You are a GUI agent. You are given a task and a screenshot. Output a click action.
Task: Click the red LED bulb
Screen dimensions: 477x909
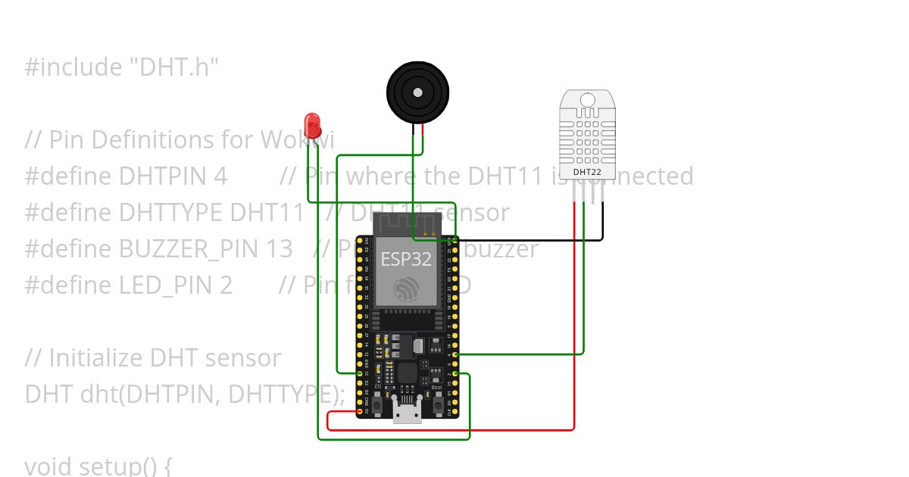tap(311, 124)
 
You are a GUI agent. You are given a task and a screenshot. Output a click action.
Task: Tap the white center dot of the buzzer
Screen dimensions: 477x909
tap(417, 92)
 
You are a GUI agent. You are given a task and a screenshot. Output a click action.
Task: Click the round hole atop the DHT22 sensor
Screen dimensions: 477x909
tap(588, 99)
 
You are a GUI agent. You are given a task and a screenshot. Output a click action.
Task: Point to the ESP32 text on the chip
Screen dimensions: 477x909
tap(405, 259)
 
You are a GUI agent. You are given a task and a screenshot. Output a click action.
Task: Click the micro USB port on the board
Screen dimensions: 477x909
tap(407, 413)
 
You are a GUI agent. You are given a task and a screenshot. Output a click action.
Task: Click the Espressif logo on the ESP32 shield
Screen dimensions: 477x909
tap(406, 288)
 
